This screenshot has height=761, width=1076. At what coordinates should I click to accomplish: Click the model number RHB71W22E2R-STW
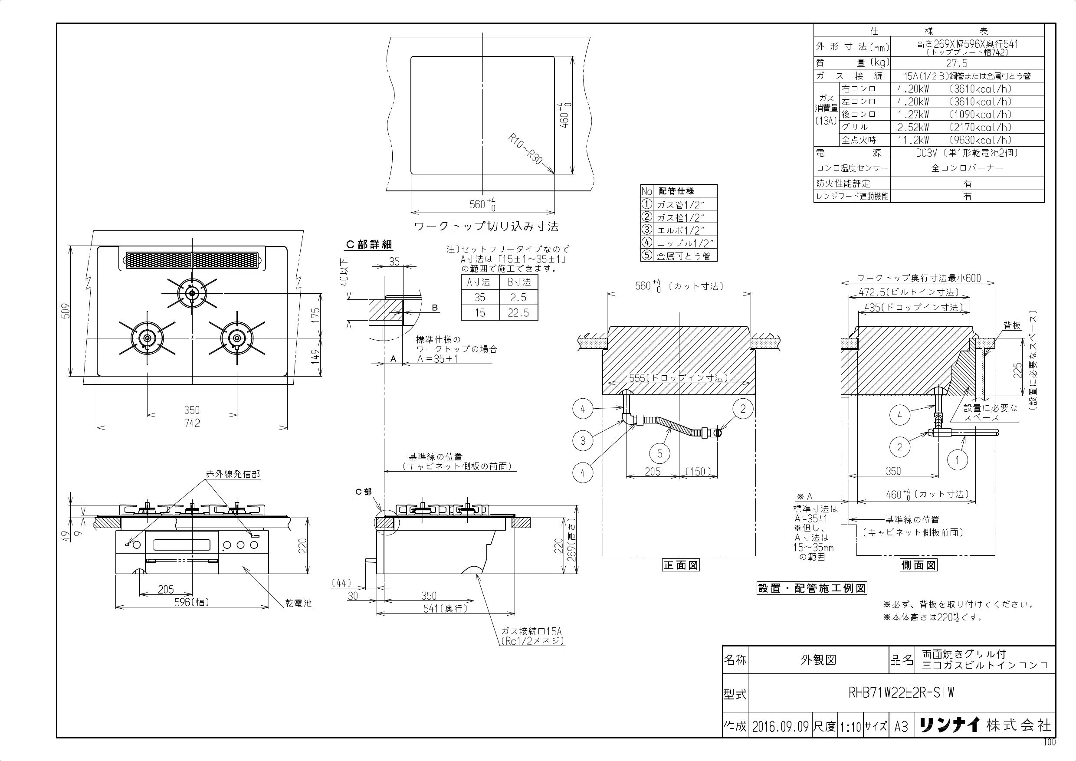click(901, 692)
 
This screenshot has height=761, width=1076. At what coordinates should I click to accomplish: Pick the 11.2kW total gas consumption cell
click(913, 140)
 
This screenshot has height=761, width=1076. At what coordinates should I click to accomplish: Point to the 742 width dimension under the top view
click(192, 423)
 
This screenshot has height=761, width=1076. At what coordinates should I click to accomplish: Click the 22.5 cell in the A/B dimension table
click(518, 313)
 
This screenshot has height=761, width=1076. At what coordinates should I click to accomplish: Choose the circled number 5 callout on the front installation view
click(659, 453)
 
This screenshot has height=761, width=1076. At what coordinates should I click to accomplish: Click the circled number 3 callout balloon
click(583, 440)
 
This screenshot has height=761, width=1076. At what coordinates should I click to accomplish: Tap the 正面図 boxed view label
click(680, 565)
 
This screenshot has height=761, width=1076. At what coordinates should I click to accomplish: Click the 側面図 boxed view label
click(919, 565)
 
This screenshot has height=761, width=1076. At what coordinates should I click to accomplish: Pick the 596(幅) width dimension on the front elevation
click(192, 602)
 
